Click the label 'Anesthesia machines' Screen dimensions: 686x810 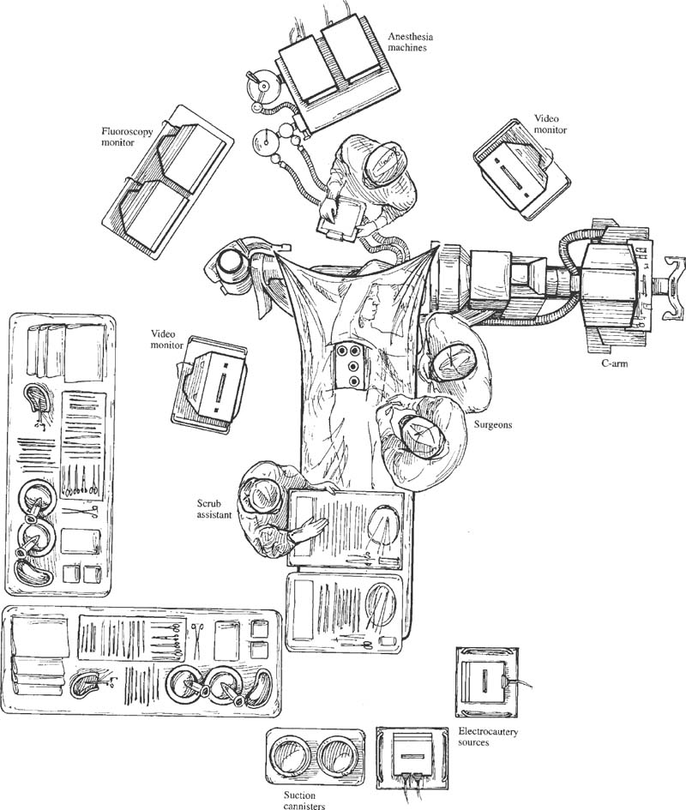coord(411,42)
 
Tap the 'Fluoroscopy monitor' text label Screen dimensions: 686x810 coord(127,136)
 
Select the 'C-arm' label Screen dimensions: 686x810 coord(615,363)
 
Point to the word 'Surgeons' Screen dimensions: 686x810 coord(493,424)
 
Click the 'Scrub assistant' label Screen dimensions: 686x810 coord(214,508)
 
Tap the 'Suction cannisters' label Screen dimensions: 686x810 coord(304,801)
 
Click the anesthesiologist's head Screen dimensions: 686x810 coord(383,165)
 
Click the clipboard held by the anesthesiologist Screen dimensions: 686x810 coord(342,218)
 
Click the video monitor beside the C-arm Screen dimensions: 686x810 coord(521,171)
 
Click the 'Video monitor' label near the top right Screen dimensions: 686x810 coord(550,124)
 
